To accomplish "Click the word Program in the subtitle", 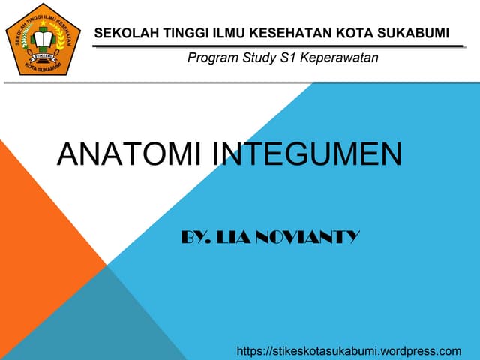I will click(x=212, y=58).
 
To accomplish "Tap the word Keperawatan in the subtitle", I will click(x=340, y=58).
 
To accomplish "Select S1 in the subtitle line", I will click(x=289, y=58).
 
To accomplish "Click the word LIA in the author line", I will click(x=234, y=238).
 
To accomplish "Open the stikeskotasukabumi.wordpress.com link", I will click(x=349, y=350).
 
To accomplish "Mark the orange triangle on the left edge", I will click(x=30, y=225).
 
